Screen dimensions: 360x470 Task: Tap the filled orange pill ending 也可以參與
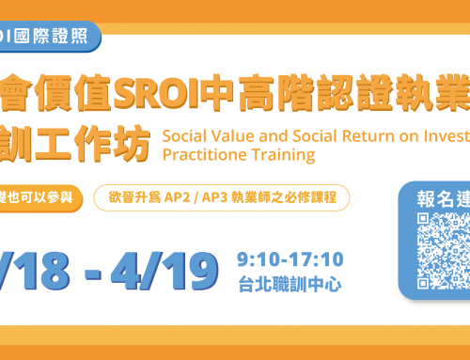coord(47,198)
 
